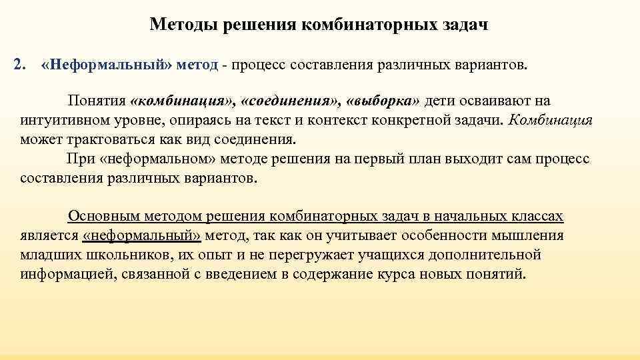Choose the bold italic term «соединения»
tap(291, 101)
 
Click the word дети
tap(440, 101)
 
